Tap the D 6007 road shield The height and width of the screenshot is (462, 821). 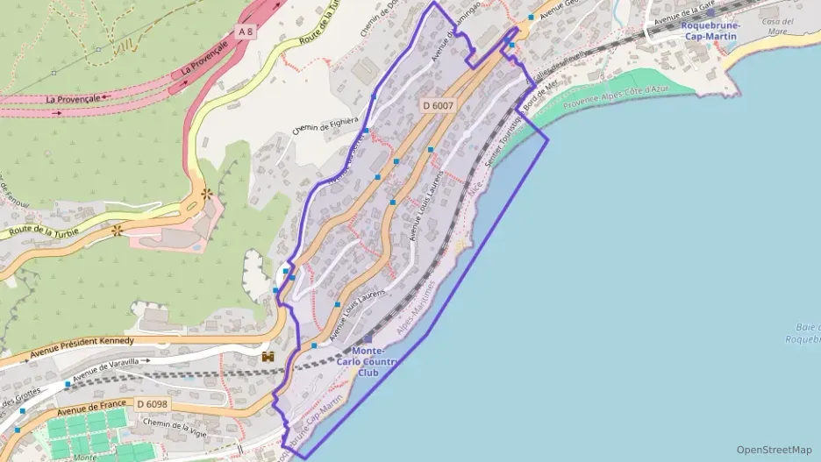438,105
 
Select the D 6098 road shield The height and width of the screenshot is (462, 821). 153,403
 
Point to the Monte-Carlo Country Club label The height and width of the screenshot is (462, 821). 368,362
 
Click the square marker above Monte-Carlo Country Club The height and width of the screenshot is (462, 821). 368,339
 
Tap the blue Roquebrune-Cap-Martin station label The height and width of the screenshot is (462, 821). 710,30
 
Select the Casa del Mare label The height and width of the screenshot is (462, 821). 777,26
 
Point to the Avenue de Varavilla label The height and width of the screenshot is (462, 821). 111,370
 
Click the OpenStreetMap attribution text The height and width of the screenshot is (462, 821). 774,450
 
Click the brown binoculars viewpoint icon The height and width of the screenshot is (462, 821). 268,357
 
